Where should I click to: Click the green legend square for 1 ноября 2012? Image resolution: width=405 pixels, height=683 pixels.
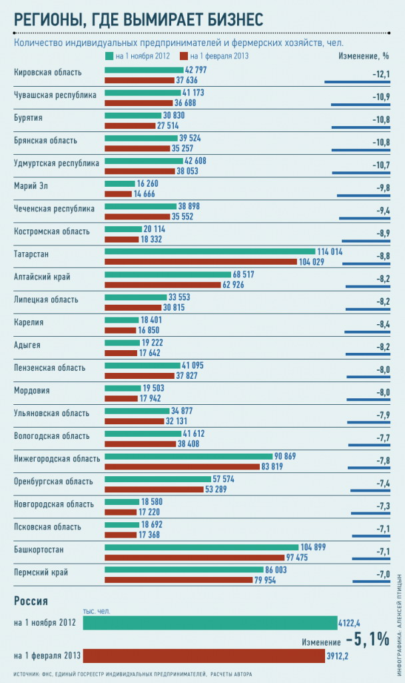click(109, 56)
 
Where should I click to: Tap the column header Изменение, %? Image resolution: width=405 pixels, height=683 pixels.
click(363, 56)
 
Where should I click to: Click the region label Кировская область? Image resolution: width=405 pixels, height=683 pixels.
click(48, 72)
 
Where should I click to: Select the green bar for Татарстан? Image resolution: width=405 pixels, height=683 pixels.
click(209, 251)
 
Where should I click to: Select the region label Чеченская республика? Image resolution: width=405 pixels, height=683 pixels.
click(55, 209)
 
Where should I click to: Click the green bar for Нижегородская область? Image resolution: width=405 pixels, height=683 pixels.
click(189, 456)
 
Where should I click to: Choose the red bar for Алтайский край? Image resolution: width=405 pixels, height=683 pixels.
click(163, 285)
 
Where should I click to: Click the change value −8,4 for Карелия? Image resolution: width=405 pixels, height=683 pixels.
click(381, 324)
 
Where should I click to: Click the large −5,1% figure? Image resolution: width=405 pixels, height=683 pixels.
click(362, 639)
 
